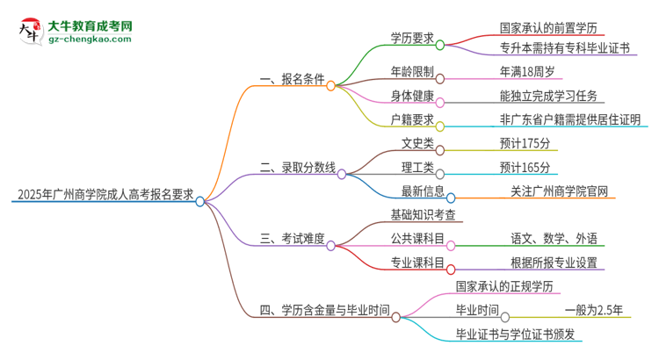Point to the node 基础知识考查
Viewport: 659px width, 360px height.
[423, 213]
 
